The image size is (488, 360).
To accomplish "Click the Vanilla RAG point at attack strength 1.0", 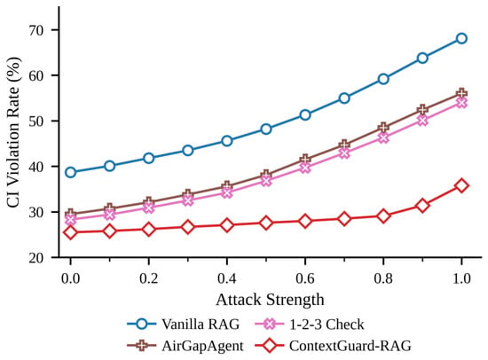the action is click(461, 39).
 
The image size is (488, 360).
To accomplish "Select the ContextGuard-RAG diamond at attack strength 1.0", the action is click(461, 185).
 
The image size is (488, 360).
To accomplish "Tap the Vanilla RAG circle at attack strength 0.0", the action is click(71, 172).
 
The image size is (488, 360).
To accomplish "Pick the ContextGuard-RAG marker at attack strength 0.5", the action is click(266, 223).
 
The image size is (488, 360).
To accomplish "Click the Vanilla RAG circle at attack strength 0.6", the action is click(305, 115).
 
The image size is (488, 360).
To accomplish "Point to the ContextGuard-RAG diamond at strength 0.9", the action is click(422, 206).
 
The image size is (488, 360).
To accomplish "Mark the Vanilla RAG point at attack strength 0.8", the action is click(383, 79).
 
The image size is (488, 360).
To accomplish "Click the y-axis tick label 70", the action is click(36, 30).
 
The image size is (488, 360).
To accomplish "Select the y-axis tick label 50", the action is click(36, 121).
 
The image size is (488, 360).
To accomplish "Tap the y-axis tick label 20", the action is click(36, 258).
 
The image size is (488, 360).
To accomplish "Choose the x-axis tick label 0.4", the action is click(227, 278).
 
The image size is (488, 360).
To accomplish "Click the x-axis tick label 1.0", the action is click(461, 278).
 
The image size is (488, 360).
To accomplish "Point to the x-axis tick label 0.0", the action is click(71, 278).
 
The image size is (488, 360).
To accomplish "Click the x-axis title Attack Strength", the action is click(270, 300).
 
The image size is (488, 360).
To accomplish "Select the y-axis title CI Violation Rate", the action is click(13, 132).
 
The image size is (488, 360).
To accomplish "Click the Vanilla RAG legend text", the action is click(201, 325).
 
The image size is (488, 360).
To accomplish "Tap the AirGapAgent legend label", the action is click(202, 346).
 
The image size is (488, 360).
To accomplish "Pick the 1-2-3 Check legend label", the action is click(327, 325).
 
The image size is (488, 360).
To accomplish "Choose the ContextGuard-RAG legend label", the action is click(350, 346).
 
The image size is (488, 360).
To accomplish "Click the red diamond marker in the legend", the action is click(269, 346).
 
